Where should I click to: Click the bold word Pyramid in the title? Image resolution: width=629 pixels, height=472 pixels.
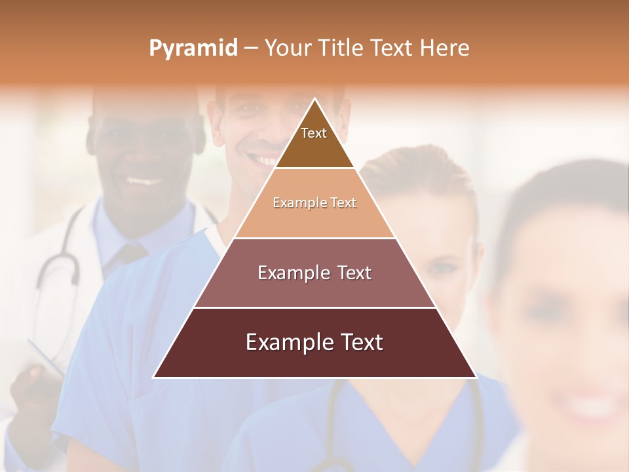click(193, 49)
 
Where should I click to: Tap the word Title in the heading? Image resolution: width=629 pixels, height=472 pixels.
click(341, 48)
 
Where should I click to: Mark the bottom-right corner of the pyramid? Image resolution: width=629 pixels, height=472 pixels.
click(476, 377)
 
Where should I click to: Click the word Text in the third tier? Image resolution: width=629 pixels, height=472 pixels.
click(353, 273)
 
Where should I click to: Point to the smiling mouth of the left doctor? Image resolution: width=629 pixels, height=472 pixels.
click(143, 180)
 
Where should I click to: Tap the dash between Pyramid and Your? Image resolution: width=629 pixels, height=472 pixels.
click(251, 49)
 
